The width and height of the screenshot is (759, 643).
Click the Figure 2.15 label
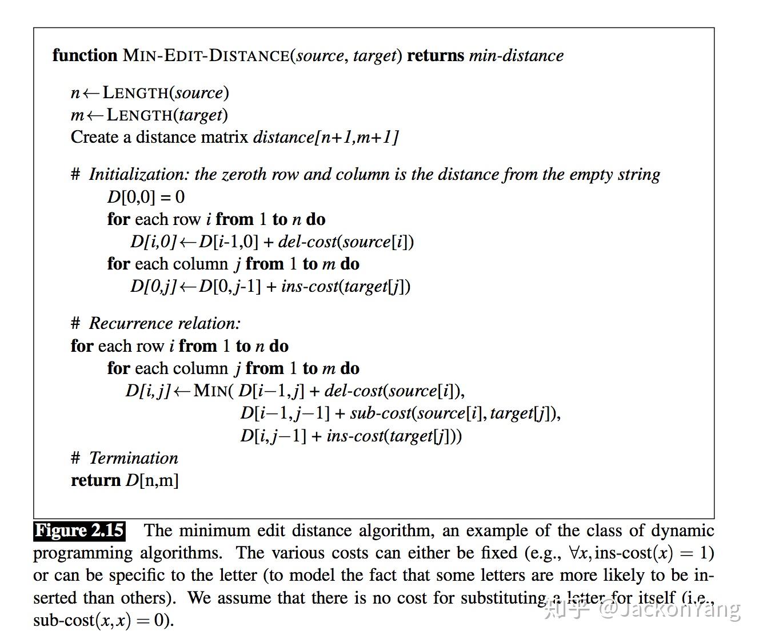point(79,531)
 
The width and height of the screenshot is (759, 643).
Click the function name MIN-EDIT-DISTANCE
point(206,55)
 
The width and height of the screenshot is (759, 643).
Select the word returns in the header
point(436,55)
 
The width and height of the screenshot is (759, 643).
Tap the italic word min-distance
point(516,55)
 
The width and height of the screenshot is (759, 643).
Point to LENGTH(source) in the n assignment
point(166,93)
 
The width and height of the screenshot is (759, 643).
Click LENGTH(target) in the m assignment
point(167,115)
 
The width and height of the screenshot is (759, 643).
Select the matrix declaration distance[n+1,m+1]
point(326,137)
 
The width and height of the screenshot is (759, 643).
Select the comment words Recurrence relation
point(165,323)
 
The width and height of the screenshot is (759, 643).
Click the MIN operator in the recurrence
point(211,391)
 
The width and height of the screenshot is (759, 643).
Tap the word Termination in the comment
point(133,458)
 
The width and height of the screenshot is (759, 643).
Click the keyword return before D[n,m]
point(95,480)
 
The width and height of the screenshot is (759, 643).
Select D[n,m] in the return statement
point(152,480)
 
